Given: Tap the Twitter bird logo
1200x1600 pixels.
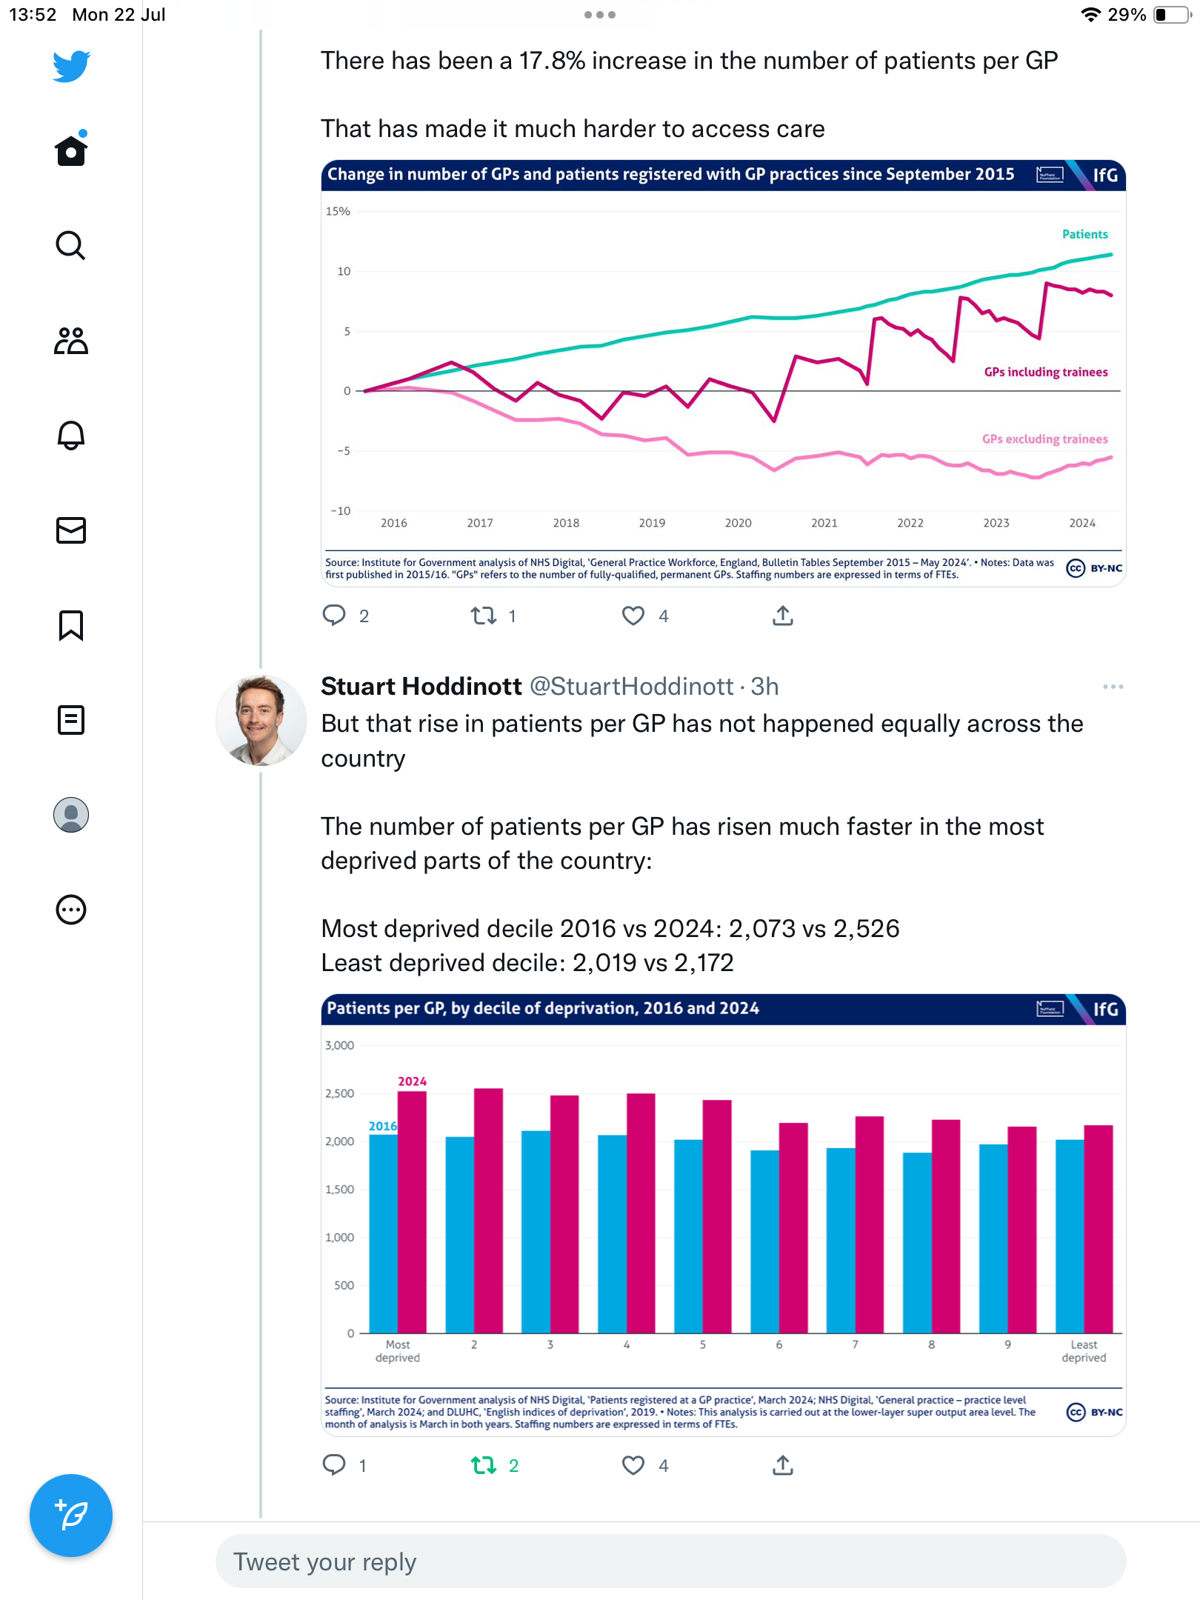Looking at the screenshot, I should (x=71, y=67).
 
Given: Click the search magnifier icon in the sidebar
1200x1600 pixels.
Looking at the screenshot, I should (x=71, y=245).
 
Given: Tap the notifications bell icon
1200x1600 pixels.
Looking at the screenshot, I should (x=71, y=436).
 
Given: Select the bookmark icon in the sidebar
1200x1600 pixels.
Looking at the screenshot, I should (x=71, y=625).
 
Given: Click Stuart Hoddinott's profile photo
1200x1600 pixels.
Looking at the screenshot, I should (x=261, y=720).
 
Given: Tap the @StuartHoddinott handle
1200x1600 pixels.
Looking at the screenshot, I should (x=632, y=687).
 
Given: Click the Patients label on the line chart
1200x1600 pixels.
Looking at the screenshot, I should (x=1084, y=234).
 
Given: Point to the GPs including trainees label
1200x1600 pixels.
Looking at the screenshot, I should (x=1045, y=372).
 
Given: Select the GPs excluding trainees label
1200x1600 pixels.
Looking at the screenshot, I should (x=1044, y=439).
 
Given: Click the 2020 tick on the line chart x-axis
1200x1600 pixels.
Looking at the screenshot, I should (x=738, y=523).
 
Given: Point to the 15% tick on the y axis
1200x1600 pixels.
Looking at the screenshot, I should (x=338, y=211).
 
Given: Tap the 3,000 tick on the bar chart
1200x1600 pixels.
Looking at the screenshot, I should (x=339, y=1045).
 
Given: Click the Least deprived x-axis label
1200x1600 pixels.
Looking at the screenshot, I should (x=1083, y=1350).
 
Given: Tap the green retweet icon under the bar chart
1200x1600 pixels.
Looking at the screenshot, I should (x=484, y=1465).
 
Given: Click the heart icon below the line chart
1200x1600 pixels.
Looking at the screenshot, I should (x=633, y=616).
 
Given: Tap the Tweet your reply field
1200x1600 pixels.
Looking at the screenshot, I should (x=670, y=1561).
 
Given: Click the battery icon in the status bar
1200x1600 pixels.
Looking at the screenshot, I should (x=1172, y=15).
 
